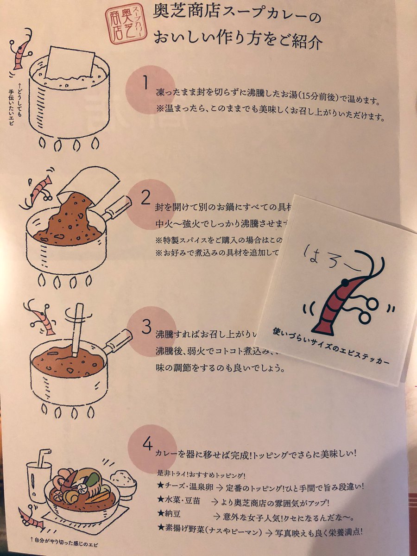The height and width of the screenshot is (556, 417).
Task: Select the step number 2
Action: tap(145, 198)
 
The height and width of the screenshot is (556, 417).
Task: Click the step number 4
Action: tap(148, 444)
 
